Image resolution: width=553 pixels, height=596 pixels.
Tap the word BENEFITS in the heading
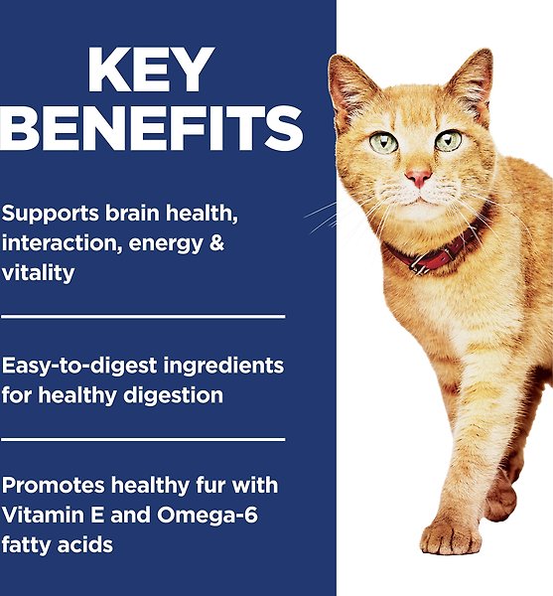(152, 129)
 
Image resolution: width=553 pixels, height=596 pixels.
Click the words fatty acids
(58, 545)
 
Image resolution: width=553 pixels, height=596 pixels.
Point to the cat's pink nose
(418, 179)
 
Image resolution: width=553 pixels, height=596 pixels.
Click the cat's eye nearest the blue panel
(383, 142)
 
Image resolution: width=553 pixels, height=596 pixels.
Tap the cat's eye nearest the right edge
(449, 140)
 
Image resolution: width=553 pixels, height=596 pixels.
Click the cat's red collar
(437, 256)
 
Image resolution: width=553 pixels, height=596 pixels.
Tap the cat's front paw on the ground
(451, 536)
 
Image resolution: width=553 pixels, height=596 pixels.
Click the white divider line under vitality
(143, 317)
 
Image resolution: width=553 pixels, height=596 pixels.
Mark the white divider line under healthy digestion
(143, 438)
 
